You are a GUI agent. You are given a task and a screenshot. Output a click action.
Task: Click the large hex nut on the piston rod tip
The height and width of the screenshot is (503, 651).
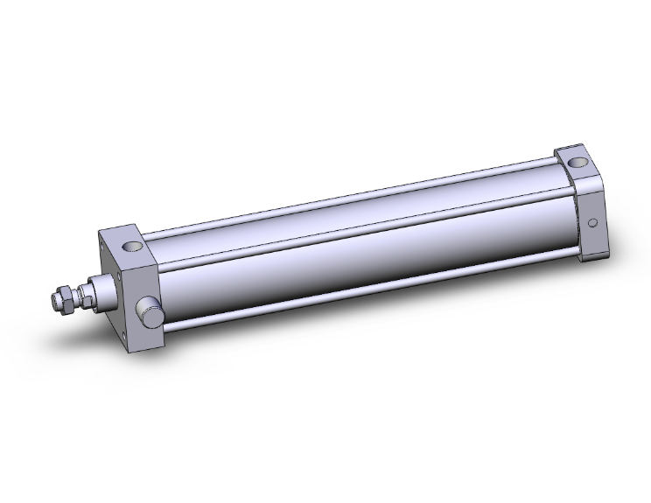pyautogui.click(x=61, y=298)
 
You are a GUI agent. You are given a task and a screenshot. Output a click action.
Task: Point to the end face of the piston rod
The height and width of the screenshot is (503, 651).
pyautogui.click(x=52, y=301)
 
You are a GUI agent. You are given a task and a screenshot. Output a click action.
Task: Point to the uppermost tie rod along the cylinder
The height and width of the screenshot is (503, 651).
pyautogui.click(x=350, y=193)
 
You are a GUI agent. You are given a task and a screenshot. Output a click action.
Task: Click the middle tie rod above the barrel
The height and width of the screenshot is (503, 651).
pyautogui.click(x=350, y=228)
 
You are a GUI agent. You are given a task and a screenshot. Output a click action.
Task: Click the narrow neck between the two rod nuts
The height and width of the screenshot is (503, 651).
pyautogui.click(x=74, y=295)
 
